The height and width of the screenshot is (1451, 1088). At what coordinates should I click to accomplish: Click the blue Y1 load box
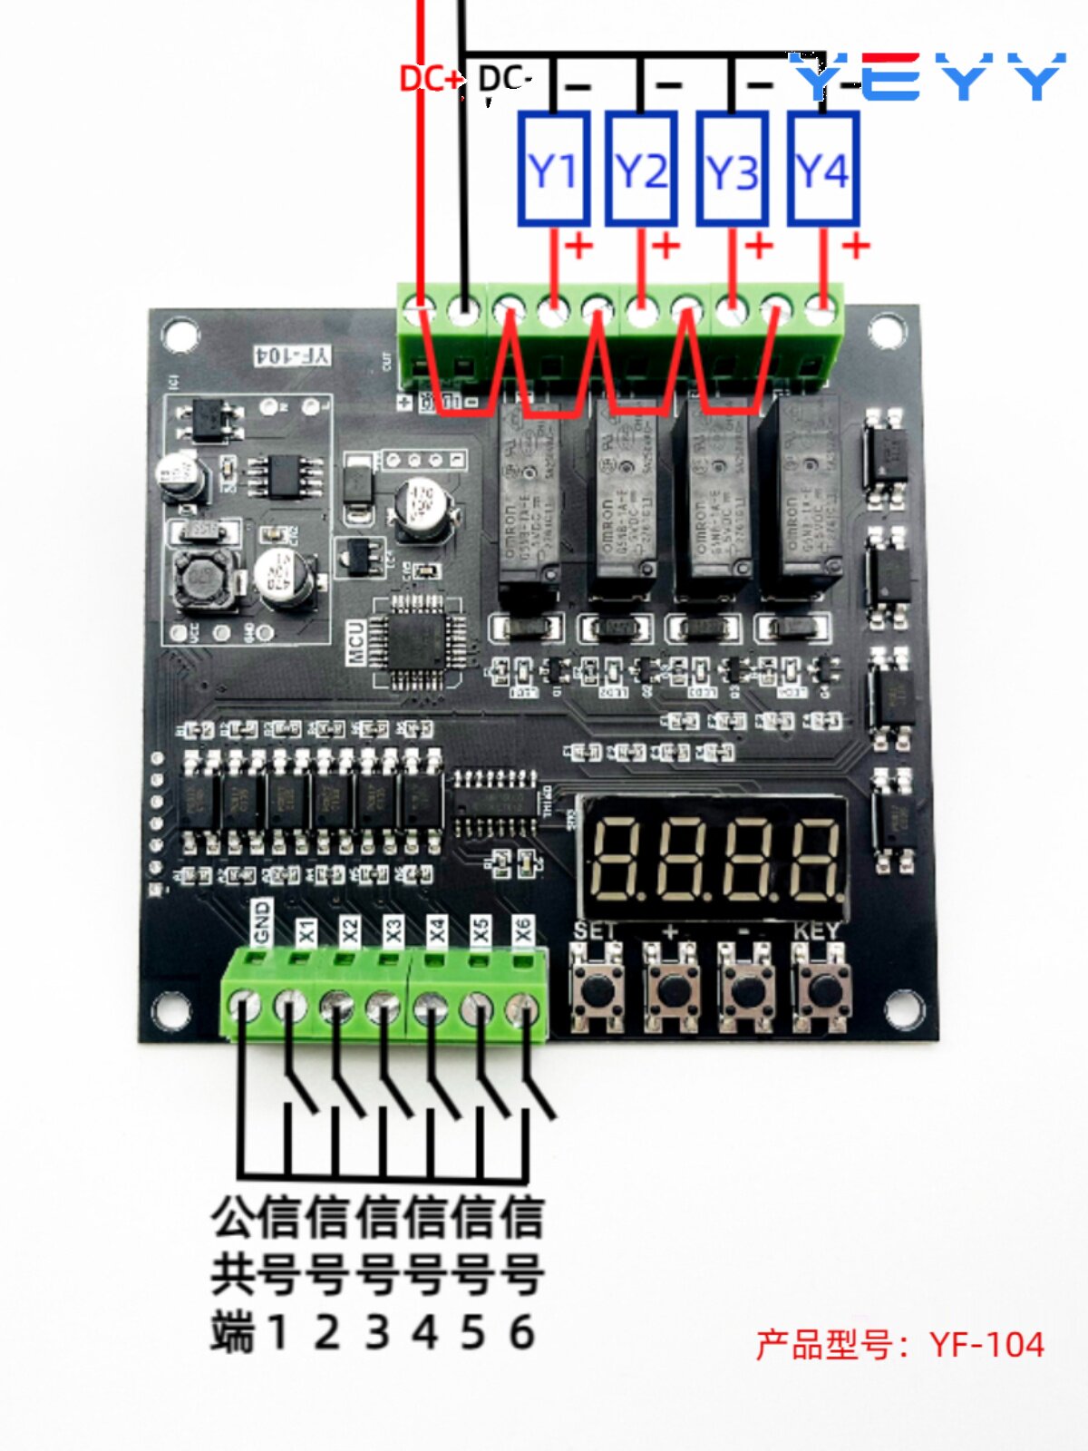click(554, 170)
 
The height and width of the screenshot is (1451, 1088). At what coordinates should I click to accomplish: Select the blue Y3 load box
click(732, 170)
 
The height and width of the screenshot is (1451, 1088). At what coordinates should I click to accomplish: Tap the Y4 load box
click(822, 170)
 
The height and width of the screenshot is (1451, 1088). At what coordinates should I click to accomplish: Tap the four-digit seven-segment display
click(714, 857)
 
